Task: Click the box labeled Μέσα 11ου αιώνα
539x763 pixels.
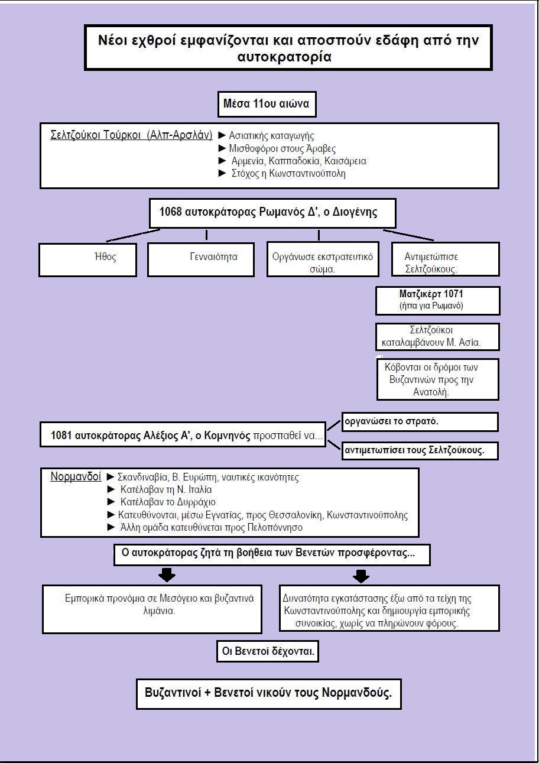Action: pyautogui.click(x=267, y=104)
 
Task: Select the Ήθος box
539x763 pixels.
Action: pyautogui.click(x=87, y=259)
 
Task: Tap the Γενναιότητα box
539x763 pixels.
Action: pyautogui.click(x=201, y=259)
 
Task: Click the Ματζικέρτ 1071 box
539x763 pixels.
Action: pyautogui.click(x=438, y=300)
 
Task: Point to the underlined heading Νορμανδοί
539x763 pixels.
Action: pyautogui.click(x=76, y=476)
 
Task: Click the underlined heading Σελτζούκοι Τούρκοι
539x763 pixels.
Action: pyautogui.click(x=131, y=135)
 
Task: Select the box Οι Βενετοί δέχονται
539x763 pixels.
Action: pyautogui.click(x=268, y=651)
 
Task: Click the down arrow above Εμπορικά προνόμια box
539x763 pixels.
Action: pyautogui.click(x=167, y=574)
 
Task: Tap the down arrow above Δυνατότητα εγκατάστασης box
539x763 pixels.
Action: pyautogui.click(x=361, y=576)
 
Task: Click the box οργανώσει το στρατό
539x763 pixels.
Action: pyautogui.click(x=420, y=422)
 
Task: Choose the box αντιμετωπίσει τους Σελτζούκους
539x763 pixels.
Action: pyautogui.click(x=420, y=450)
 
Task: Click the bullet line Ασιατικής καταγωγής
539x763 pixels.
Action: pyautogui.click(x=266, y=135)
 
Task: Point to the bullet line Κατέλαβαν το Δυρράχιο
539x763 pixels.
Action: pyautogui.click(x=161, y=502)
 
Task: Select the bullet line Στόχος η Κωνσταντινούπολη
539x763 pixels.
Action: pyautogui.click(x=282, y=173)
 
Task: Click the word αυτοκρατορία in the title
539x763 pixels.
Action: pyautogui.click(x=284, y=57)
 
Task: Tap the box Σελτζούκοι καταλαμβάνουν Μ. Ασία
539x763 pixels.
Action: pyautogui.click(x=438, y=337)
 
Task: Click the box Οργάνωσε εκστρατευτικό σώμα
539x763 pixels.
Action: pyautogui.click(x=323, y=259)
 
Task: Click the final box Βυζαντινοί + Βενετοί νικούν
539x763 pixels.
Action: pyautogui.click(x=269, y=694)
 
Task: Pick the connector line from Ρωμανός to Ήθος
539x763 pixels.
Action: pyautogui.click(x=133, y=235)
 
